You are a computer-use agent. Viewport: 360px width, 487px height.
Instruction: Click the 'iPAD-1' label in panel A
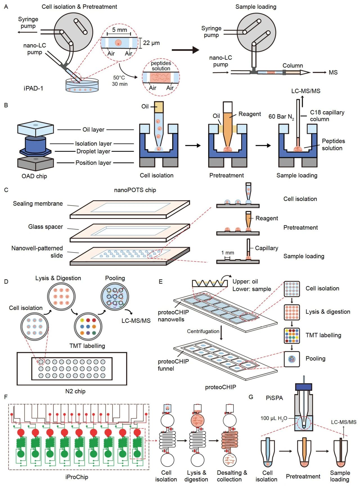[x=33, y=88]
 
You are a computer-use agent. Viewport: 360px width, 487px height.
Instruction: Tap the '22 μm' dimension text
[x=151, y=43]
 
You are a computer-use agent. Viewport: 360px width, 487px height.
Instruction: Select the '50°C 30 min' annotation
[x=120, y=81]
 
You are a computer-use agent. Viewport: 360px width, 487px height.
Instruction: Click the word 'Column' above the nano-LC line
[x=292, y=65]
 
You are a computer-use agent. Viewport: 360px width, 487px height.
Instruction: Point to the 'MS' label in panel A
[x=333, y=73]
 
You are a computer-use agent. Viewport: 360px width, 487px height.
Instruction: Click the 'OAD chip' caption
[x=34, y=176]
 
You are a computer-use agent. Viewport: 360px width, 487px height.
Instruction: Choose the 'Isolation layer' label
[x=93, y=144]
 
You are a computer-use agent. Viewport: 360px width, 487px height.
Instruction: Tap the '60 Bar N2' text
[x=281, y=117]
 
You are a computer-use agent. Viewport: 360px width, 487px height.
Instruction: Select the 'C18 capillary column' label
[x=327, y=116]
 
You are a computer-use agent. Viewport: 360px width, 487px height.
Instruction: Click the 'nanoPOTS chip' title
[x=135, y=190]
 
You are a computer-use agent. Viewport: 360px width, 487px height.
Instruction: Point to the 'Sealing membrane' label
[x=38, y=203]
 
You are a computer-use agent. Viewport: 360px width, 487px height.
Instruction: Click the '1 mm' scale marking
[x=228, y=253]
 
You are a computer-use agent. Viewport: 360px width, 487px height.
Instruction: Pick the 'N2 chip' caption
[x=75, y=391]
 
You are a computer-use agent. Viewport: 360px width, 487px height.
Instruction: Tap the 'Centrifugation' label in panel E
[x=203, y=331]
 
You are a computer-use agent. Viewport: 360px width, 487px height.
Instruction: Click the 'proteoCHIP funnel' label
[x=173, y=365]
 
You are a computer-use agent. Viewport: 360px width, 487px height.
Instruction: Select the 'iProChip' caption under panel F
[x=77, y=477]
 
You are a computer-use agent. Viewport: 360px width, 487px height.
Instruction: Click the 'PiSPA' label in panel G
[x=274, y=398]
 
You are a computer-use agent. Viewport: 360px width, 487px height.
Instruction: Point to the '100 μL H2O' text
[x=273, y=418]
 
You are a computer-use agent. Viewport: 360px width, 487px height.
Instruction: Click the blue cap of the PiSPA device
[x=303, y=387]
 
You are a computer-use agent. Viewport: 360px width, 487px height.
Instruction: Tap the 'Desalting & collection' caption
[x=232, y=476]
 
